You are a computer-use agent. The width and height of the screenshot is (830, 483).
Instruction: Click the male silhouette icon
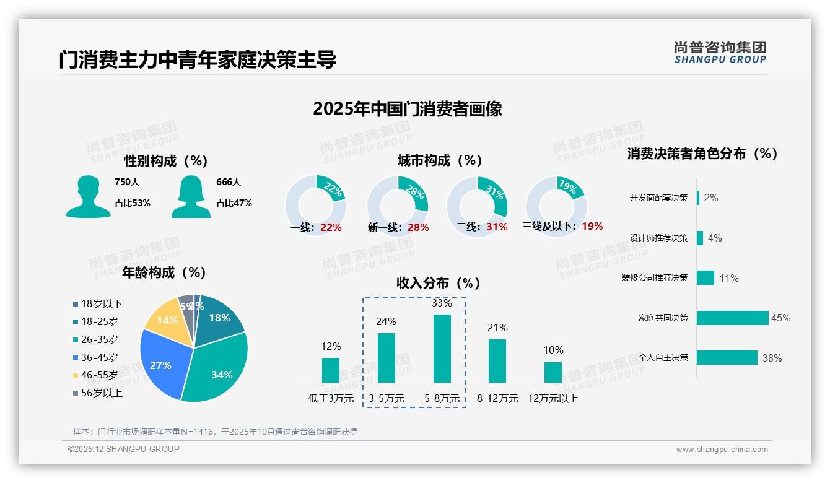pos(88,196)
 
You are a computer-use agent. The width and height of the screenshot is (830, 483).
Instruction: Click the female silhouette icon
pos(191,196)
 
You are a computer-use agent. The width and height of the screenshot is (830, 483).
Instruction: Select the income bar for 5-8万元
pos(442,349)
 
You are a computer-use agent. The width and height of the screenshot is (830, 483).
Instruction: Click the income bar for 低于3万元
pos(331,370)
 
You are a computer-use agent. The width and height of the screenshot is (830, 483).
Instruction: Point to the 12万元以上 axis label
pos(553,399)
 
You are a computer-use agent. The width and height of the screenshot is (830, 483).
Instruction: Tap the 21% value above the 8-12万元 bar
pos(497,328)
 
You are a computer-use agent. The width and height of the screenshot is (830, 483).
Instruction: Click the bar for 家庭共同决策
pos(732,318)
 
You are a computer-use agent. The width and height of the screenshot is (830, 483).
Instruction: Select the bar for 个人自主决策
pos(727,358)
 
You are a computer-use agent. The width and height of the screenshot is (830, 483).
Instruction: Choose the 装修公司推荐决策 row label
pos(655,278)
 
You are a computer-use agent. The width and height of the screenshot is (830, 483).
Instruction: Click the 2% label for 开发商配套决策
pos(711,198)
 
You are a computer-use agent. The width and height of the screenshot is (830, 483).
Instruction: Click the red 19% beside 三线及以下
pos(592,227)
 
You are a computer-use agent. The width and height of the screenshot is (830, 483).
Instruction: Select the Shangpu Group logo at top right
pos(720,52)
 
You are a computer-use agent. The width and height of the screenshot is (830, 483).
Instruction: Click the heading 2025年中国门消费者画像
pos(408,109)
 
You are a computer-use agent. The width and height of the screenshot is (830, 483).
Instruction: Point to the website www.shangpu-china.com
pos(722,450)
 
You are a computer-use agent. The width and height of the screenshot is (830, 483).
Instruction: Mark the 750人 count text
pos(127,183)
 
